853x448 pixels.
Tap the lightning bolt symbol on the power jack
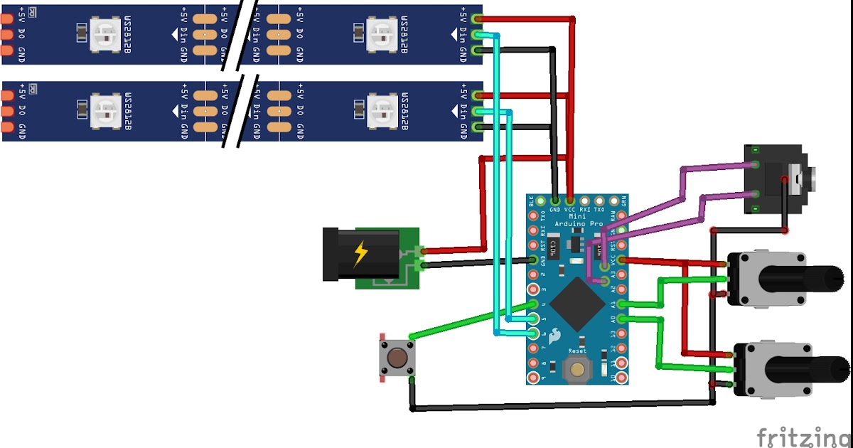click(x=361, y=253)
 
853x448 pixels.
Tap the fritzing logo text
click(x=803, y=435)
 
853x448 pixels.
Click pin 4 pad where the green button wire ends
click(x=533, y=304)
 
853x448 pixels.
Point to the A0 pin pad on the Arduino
click(x=622, y=319)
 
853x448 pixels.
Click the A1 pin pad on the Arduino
click(x=622, y=304)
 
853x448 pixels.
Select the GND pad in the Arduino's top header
click(x=554, y=201)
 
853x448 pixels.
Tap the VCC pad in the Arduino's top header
click(x=570, y=201)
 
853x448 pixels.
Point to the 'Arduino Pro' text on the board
click(x=577, y=223)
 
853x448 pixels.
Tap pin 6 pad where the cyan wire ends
click(x=533, y=334)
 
